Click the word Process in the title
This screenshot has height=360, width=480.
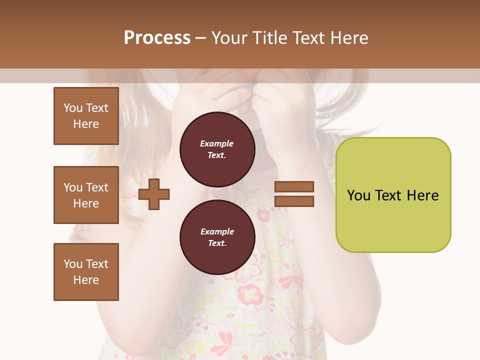pyautogui.click(x=157, y=38)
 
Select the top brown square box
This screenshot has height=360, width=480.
pyautogui.click(x=86, y=116)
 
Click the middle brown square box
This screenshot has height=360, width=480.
pyautogui.click(x=86, y=195)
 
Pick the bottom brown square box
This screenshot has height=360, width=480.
pyautogui.click(x=86, y=272)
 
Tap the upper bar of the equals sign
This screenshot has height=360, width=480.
pyautogui.click(x=294, y=186)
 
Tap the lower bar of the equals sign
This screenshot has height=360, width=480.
pyautogui.click(x=294, y=201)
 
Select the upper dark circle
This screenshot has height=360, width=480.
pyautogui.click(x=217, y=149)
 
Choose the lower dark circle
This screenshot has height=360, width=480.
pyautogui.click(x=217, y=237)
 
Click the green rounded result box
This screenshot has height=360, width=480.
pyautogui.click(x=393, y=195)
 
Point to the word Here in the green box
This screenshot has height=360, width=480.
pyautogui.click(x=422, y=195)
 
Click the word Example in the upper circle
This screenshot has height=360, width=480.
pyautogui.click(x=217, y=143)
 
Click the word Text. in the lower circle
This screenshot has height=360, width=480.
pyautogui.click(x=217, y=243)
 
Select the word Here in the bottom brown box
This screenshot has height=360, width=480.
pyautogui.click(x=86, y=280)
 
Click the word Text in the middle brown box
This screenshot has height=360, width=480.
pyautogui.click(x=97, y=187)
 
